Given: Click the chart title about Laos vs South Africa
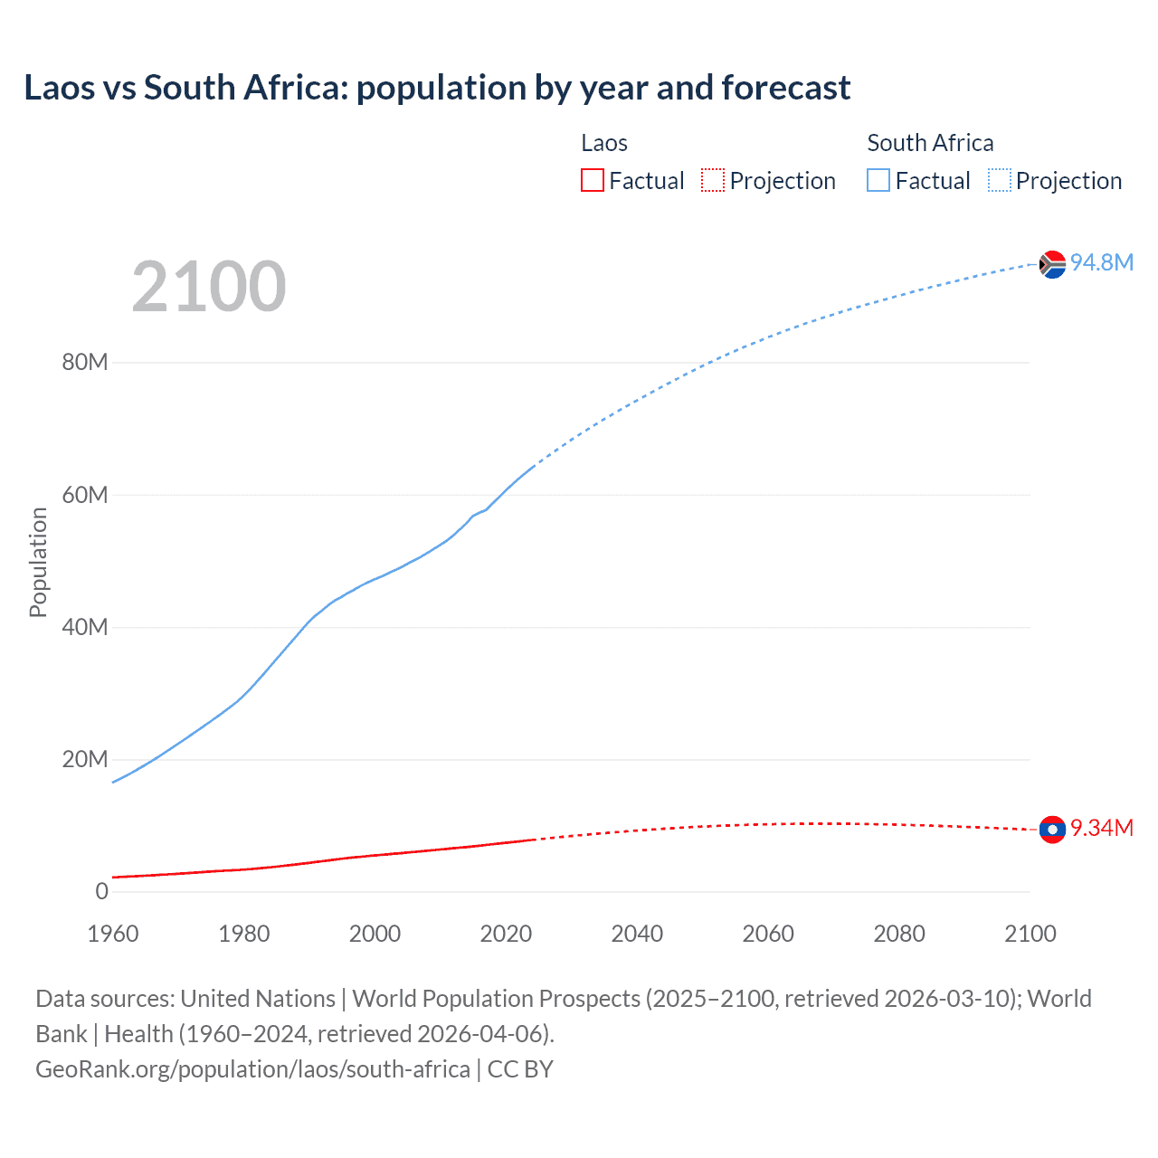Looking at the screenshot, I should pyautogui.click(x=437, y=88).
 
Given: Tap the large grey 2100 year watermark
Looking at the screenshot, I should pyautogui.click(x=209, y=287).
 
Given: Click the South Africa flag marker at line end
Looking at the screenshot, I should pyautogui.click(x=1051, y=264).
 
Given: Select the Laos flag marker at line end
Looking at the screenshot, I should pyautogui.click(x=1051, y=829).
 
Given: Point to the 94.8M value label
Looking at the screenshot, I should pyautogui.click(x=1101, y=262).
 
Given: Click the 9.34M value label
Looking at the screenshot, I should pyautogui.click(x=1101, y=828).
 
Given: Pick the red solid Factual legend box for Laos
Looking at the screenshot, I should pyautogui.click(x=593, y=181).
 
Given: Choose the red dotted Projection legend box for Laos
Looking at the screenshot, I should pyautogui.click(x=713, y=181).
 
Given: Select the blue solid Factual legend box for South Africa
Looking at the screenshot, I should pyautogui.click(x=878, y=181).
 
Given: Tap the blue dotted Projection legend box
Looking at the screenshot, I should pyautogui.click(x=1000, y=181).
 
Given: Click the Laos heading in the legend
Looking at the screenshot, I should pyautogui.click(x=604, y=143).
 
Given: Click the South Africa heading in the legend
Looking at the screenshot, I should pyautogui.click(x=930, y=143).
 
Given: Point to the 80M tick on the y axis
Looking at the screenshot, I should pyautogui.click(x=85, y=363).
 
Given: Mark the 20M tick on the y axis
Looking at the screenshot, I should pyautogui.click(x=85, y=759).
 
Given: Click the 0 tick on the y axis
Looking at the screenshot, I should pyautogui.click(x=101, y=891).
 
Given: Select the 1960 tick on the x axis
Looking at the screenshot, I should pyautogui.click(x=113, y=934).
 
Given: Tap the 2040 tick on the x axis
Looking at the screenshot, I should pyautogui.click(x=637, y=934).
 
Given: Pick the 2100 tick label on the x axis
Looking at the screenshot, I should pyautogui.click(x=1030, y=934).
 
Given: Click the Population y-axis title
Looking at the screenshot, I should pyautogui.click(x=38, y=562).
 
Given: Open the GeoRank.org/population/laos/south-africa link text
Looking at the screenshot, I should pyautogui.click(x=252, y=1069).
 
